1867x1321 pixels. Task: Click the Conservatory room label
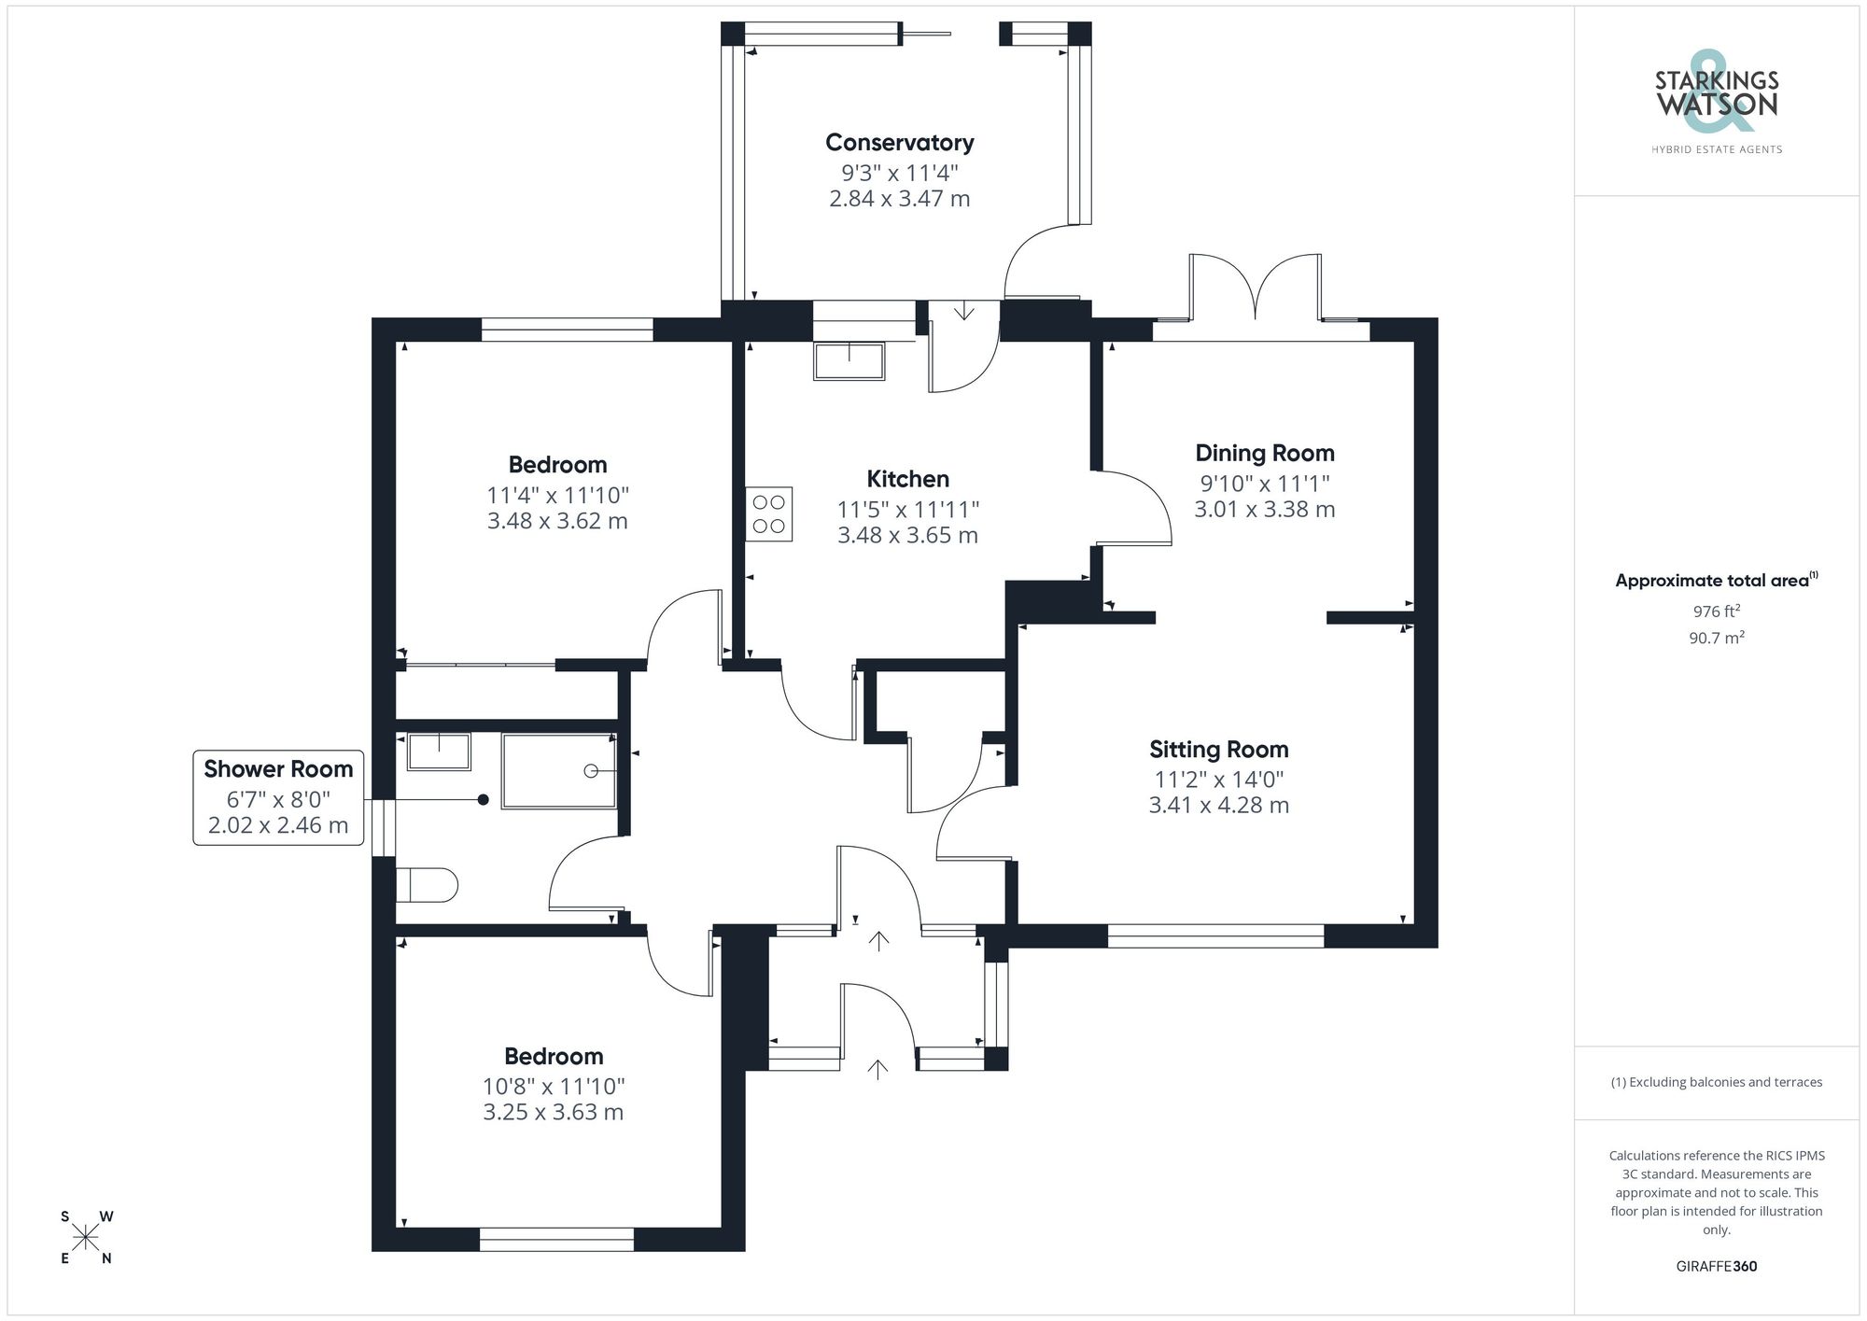[899, 143]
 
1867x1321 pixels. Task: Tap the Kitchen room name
[907, 479]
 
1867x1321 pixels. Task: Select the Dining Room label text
[1264, 454]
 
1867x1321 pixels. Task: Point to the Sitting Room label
[1218, 750]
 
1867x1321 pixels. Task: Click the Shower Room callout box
[278, 797]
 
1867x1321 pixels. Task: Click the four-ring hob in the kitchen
[768, 514]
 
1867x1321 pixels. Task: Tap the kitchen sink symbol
[849, 361]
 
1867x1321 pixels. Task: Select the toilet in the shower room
[428, 885]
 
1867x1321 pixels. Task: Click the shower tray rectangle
[559, 771]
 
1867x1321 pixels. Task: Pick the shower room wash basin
[439, 752]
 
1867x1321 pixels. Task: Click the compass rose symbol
[86, 1238]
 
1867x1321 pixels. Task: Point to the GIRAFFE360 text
[1716, 1266]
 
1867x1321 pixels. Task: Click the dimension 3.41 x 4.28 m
[1218, 806]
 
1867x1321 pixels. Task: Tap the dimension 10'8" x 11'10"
[553, 1087]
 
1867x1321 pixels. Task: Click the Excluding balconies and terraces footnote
[1716, 1082]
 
